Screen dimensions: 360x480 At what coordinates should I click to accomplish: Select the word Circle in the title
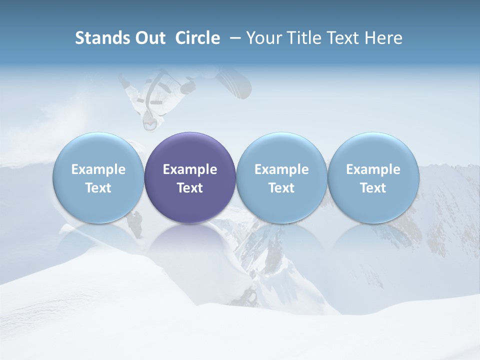[x=197, y=38]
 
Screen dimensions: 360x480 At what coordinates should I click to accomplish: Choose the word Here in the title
[x=383, y=38]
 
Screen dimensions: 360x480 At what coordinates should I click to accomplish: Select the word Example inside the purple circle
[x=190, y=169]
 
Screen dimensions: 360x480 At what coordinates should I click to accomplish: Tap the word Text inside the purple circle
[x=190, y=188]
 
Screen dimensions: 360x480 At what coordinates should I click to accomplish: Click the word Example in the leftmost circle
[x=98, y=169]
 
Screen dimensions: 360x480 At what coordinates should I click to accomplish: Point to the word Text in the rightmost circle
[x=373, y=188]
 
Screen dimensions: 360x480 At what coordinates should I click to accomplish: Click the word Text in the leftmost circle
[x=98, y=188]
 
